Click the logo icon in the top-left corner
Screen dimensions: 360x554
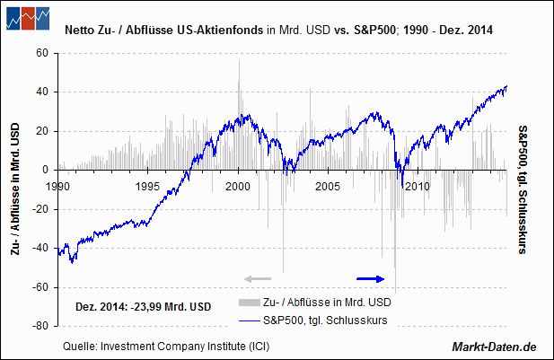[27, 18]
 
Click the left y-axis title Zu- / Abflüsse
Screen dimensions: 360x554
[15, 189]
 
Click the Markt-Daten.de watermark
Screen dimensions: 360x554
[493, 346]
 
